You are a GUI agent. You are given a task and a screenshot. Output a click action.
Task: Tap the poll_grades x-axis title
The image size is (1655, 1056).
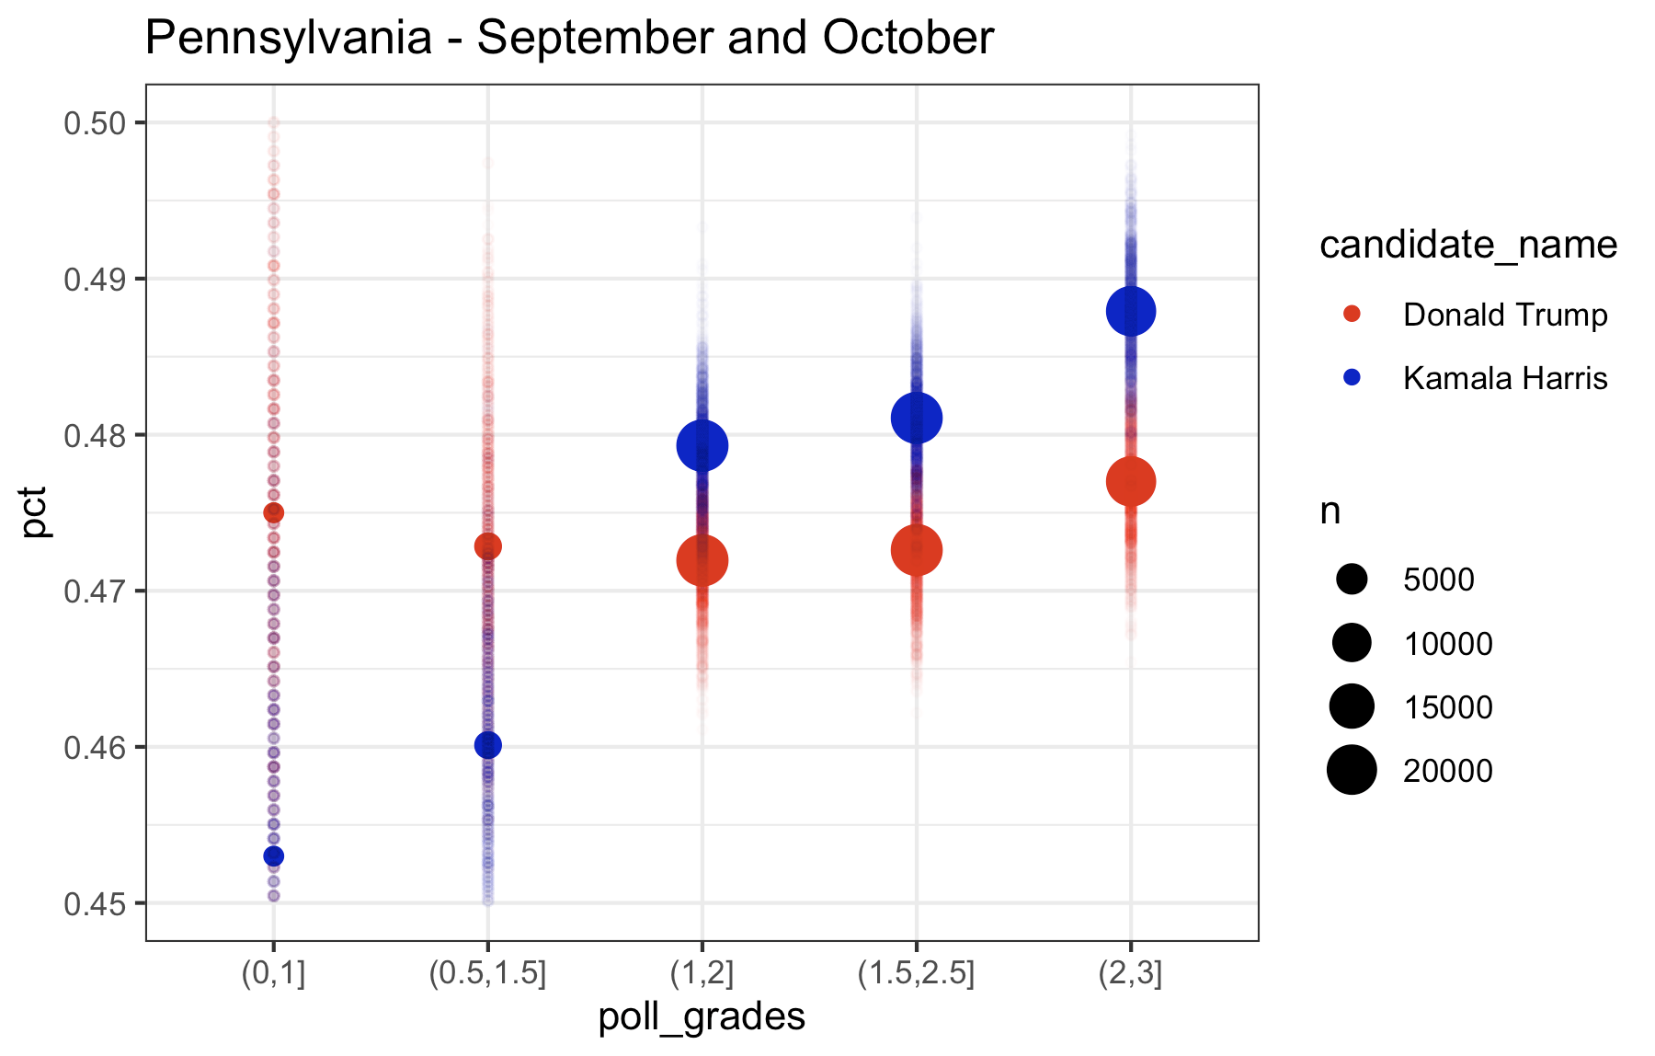[x=702, y=1017]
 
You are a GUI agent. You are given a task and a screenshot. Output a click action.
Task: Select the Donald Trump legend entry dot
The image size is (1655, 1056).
[x=1352, y=315]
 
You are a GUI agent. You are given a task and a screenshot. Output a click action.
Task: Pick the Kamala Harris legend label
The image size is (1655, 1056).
[x=1504, y=378]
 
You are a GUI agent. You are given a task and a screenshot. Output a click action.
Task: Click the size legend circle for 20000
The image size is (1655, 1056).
[x=1352, y=770]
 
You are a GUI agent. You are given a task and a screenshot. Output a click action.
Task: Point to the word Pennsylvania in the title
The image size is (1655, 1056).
[x=289, y=39]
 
